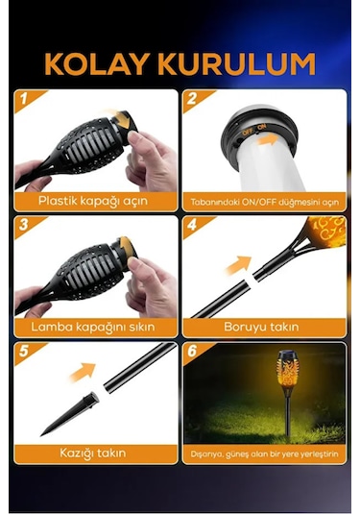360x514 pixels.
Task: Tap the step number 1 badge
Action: click(x=23, y=98)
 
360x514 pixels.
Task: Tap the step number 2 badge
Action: click(x=192, y=98)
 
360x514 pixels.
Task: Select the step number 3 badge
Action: click(x=23, y=224)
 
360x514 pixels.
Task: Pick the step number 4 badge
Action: click(x=192, y=224)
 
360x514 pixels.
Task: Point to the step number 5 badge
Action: click(x=23, y=351)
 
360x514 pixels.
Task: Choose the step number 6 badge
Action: click(x=192, y=351)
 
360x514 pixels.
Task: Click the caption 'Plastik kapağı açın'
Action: click(x=96, y=201)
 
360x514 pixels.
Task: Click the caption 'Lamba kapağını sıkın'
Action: click(x=96, y=327)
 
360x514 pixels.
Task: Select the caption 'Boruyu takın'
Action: click(x=263, y=327)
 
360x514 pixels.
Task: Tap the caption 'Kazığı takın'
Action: click(x=96, y=453)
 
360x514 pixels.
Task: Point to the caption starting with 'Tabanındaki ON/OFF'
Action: click(x=263, y=202)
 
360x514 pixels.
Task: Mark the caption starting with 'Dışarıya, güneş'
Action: click(x=263, y=453)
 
